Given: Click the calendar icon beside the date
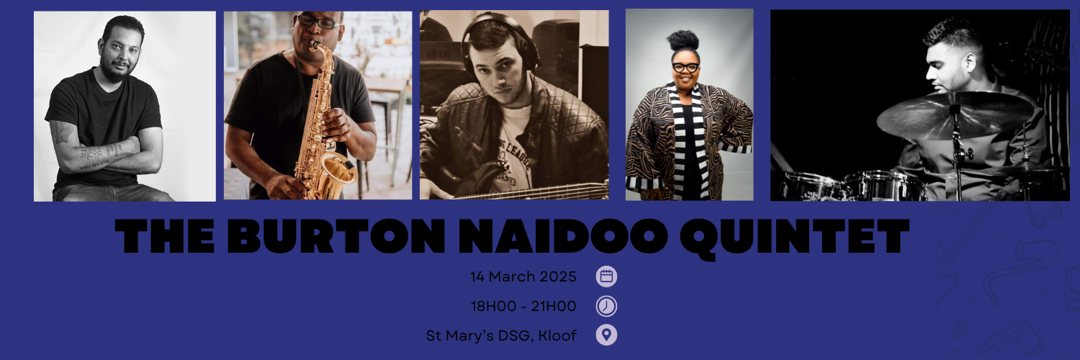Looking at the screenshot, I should (606, 276).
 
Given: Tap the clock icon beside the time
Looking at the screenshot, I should (606, 306).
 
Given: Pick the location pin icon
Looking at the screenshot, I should (606, 335).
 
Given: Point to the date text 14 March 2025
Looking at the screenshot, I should (523, 276).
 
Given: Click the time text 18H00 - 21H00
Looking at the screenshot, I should (523, 306).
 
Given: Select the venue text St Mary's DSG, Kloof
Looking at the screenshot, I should (501, 336).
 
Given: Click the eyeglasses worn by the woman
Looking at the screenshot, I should (685, 67).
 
